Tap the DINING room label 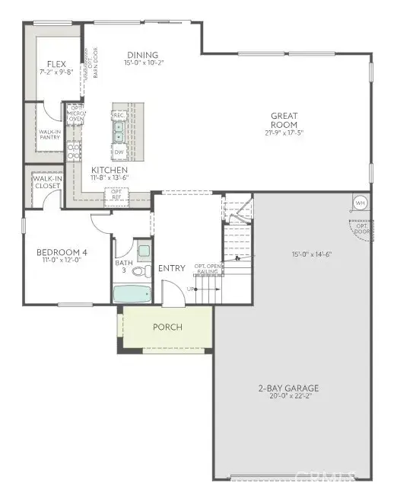click(x=143, y=55)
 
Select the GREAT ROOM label click(x=284, y=120)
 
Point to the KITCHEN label click(x=109, y=170)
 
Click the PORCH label click(x=167, y=328)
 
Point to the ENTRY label click(x=171, y=268)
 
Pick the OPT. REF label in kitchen click(x=117, y=195)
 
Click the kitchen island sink click(x=119, y=134)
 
